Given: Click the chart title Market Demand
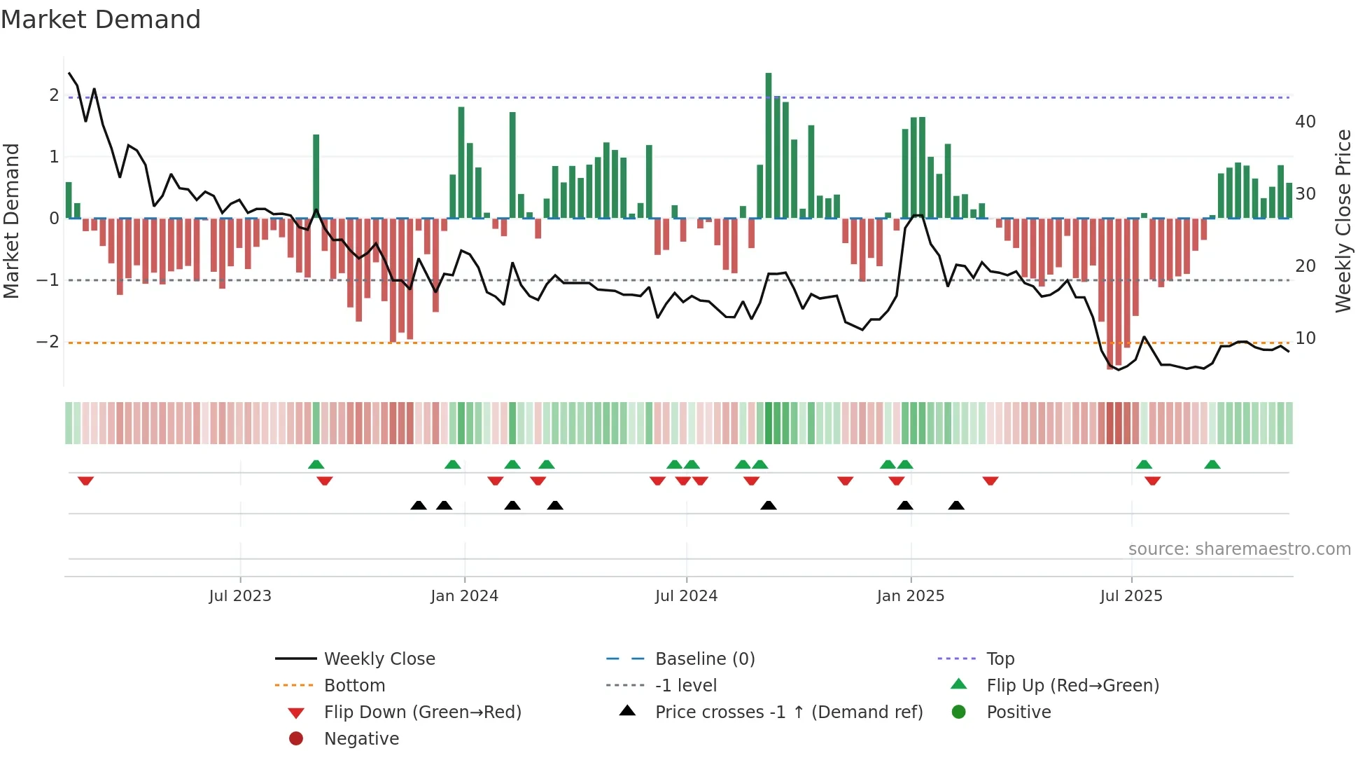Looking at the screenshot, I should click(x=101, y=20).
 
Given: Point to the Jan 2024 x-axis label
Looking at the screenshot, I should click(x=464, y=596).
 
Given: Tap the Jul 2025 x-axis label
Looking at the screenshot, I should click(x=1131, y=596).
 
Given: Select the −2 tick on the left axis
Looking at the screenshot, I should click(x=48, y=342).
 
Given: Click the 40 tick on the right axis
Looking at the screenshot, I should click(x=1305, y=122).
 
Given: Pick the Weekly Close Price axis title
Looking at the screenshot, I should click(x=1343, y=221).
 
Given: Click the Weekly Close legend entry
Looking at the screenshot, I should click(x=379, y=659).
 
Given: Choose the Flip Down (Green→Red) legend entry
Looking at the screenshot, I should click(x=422, y=712).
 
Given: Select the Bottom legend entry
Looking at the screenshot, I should click(x=354, y=686).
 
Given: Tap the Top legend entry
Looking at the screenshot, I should click(x=1000, y=659).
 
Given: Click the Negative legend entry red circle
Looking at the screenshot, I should click(x=296, y=739).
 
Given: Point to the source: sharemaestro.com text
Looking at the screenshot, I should click(x=1239, y=549).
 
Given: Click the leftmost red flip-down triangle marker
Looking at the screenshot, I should click(x=85, y=481).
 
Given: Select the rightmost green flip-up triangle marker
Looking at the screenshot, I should click(x=1212, y=464).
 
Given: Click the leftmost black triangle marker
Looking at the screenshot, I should click(x=419, y=505).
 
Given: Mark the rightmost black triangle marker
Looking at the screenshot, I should click(x=956, y=505).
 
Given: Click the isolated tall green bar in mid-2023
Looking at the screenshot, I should click(x=316, y=175).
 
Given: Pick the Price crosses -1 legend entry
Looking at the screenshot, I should click(x=789, y=712).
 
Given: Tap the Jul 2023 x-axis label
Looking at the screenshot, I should click(x=240, y=596).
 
